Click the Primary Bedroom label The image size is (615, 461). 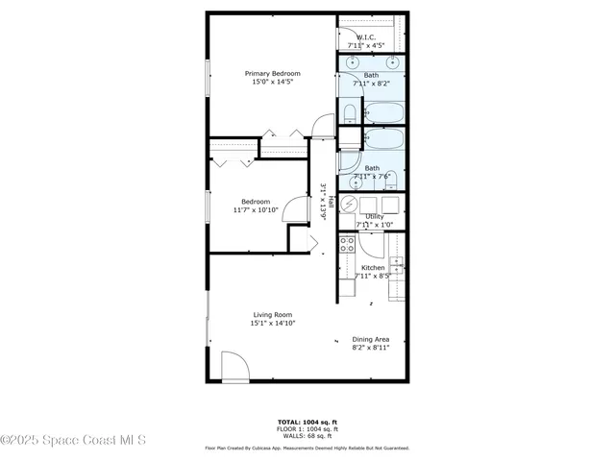tap(272, 74)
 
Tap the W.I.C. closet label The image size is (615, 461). tap(371, 37)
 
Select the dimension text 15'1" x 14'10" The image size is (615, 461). tap(272, 324)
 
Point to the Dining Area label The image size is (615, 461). tap(371, 339)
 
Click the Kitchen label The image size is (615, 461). tap(373, 268)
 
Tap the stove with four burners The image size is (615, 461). tap(347, 244)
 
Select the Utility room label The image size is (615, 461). tap(374, 217)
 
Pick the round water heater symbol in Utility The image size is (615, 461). tap(348, 205)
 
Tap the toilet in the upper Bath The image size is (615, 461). tap(350, 114)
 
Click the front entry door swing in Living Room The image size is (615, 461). tap(234, 366)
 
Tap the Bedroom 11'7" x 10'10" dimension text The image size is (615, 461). tap(256, 210)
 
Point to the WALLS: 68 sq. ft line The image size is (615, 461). tap(307, 437)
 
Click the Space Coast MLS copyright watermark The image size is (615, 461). tap(73, 441)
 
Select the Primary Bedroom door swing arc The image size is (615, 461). tap(324, 125)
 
